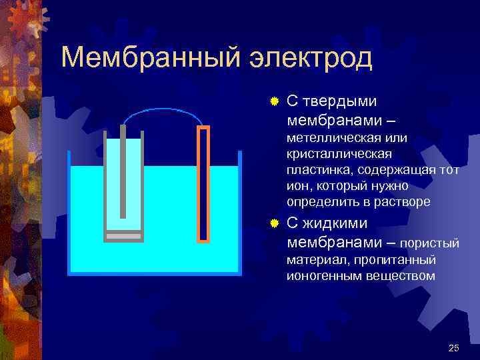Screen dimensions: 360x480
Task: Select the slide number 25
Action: point(455,347)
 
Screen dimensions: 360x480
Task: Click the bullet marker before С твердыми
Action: point(273,102)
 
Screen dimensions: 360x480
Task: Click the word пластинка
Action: point(317,170)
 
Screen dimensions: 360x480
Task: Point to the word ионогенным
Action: point(323,275)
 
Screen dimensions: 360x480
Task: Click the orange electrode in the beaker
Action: point(203,183)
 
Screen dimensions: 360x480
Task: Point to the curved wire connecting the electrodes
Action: point(163,111)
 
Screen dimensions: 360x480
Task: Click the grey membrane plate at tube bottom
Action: point(123,236)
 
